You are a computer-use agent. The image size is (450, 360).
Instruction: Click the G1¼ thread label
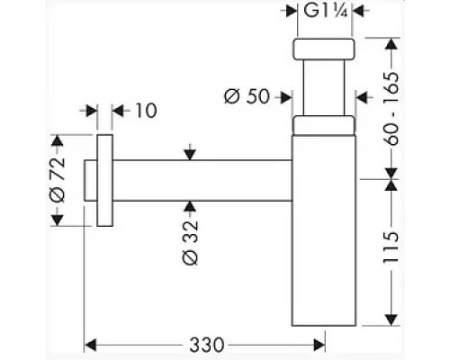[326, 12]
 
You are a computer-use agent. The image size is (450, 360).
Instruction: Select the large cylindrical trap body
[325, 234]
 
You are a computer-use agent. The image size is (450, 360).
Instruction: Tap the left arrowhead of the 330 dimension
[91, 344]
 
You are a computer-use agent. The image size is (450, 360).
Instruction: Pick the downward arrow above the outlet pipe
[189, 154]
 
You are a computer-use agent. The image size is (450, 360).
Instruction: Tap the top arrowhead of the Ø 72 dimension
[58, 142]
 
